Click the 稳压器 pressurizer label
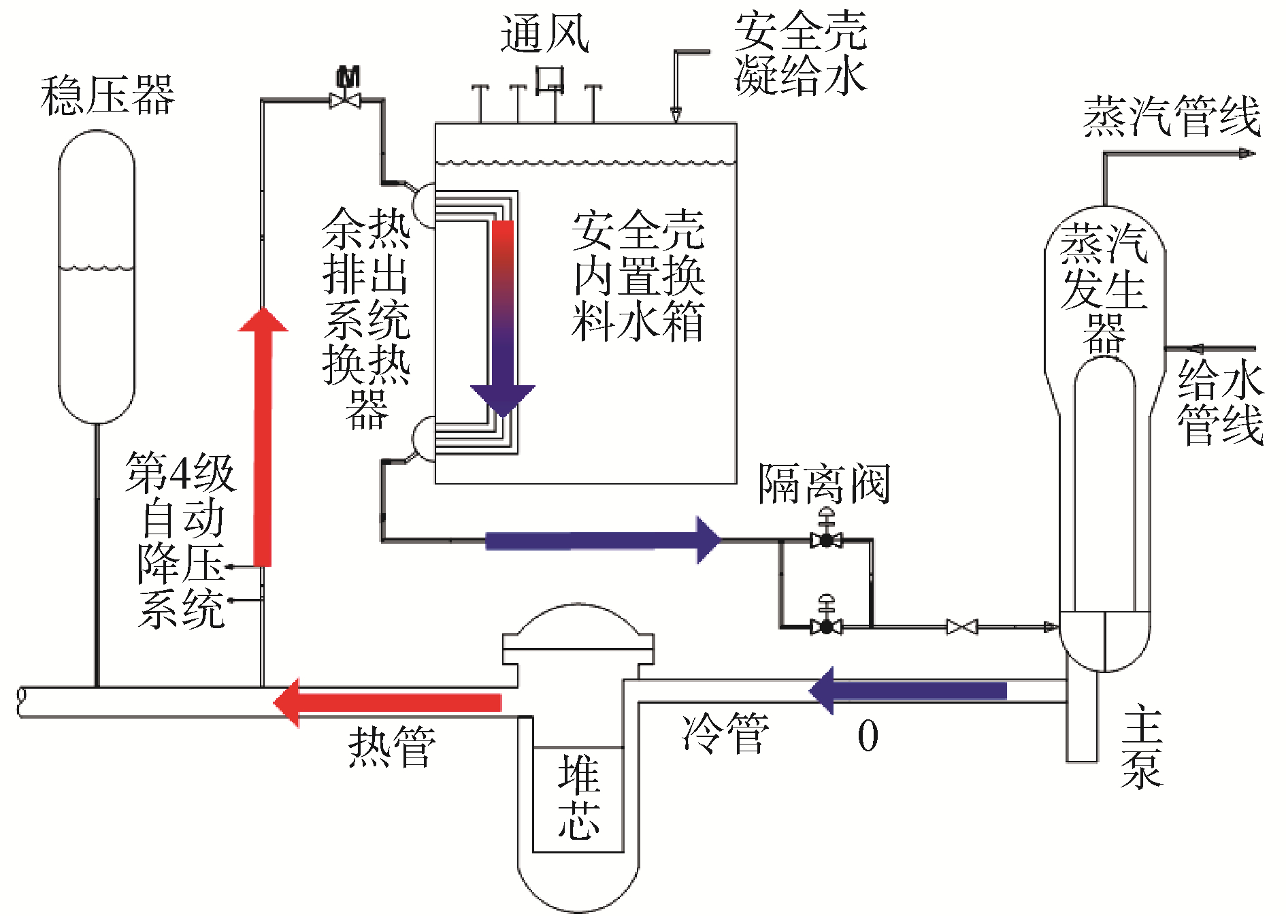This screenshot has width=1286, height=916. (108, 95)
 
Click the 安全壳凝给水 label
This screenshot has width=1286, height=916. (800, 53)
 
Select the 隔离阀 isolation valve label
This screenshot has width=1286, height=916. (824, 485)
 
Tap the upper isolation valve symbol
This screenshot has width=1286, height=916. (827, 540)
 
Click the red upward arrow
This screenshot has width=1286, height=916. (263, 436)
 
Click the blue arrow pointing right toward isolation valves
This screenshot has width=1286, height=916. (602, 540)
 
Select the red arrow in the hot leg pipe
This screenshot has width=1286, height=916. (388, 702)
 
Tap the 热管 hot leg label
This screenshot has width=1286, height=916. (392, 747)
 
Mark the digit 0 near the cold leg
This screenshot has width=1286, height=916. (868, 736)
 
